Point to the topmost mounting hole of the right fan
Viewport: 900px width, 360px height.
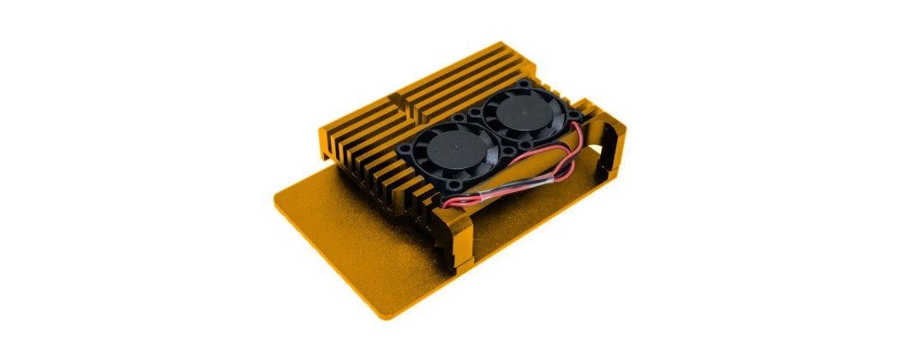[x=525, y=82]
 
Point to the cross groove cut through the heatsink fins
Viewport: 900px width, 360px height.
[x=402, y=103]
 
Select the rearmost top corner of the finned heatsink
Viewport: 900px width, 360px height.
[x=501, y=44]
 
